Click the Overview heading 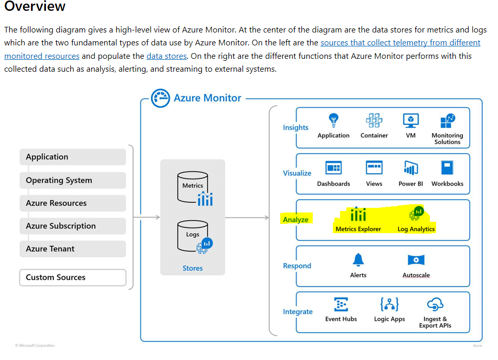(35, 7)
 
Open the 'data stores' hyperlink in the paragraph (166, 56)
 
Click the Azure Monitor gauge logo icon (160, 98)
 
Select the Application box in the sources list (72, 157)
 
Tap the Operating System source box (72, 180)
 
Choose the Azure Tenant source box (72, 249)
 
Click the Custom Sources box (72, 277)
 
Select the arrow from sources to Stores (147, 217)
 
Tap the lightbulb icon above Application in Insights (333, 120)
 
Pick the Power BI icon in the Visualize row (411, 168)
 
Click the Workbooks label (447, 184)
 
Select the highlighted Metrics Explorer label (358, 229)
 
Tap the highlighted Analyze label (296, 220)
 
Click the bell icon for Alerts (358, 259)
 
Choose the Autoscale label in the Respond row (416, 275)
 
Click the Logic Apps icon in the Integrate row (389, 304)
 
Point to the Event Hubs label (341, 319)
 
